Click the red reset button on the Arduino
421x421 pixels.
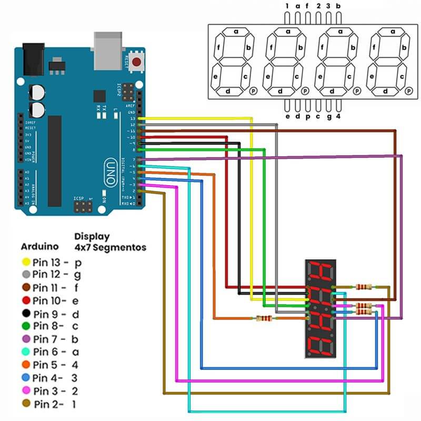pyautogui.click(x=137, y=62)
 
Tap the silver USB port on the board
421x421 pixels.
pyautogui.click(x=107, y=50)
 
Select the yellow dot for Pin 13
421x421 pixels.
pyautogui.click(x=25, y=262)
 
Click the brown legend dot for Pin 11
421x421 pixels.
pyautogui.click(x=25, y=287)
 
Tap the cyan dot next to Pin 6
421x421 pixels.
pyautogui.click(x=25, y=352)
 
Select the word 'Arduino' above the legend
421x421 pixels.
pyautogui.click(x=40, y=246)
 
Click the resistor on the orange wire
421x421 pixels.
pyautogui.click(x=263, y=318)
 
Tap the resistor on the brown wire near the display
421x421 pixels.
pyautogui.click(x=364, y=287)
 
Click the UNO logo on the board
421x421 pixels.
pyautogui.click(x=110, y=171)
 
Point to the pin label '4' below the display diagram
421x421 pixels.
pyautogui.click(x=338, y=116)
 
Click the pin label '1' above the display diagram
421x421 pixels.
pyautogui.click(x=287, y=6)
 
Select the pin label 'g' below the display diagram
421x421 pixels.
pyautogui.click(x=329, y=116)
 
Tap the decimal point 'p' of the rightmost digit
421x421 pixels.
pyautogui.click(x=408, y=91)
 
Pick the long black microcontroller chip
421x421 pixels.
pyautogui.click(x=55, y=161)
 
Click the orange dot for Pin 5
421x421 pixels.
pyautogui.click(x=25, y=365)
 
